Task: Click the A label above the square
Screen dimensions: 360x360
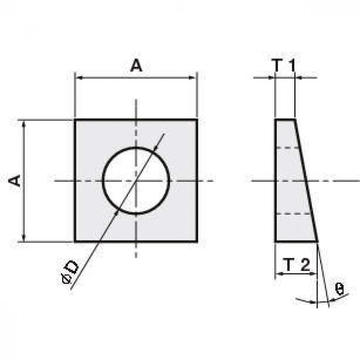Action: (136, 65)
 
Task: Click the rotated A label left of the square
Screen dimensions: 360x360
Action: (14, 180)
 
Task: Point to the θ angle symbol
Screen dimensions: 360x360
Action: (339, 288)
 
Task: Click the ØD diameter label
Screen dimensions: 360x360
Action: (71, 272)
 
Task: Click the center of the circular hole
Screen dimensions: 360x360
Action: (136, 181)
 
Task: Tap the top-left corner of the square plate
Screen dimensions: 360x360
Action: (75, 120)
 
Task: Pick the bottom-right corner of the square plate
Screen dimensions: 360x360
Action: (197, 242)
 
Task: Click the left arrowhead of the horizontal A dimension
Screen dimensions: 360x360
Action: (79, 77)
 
